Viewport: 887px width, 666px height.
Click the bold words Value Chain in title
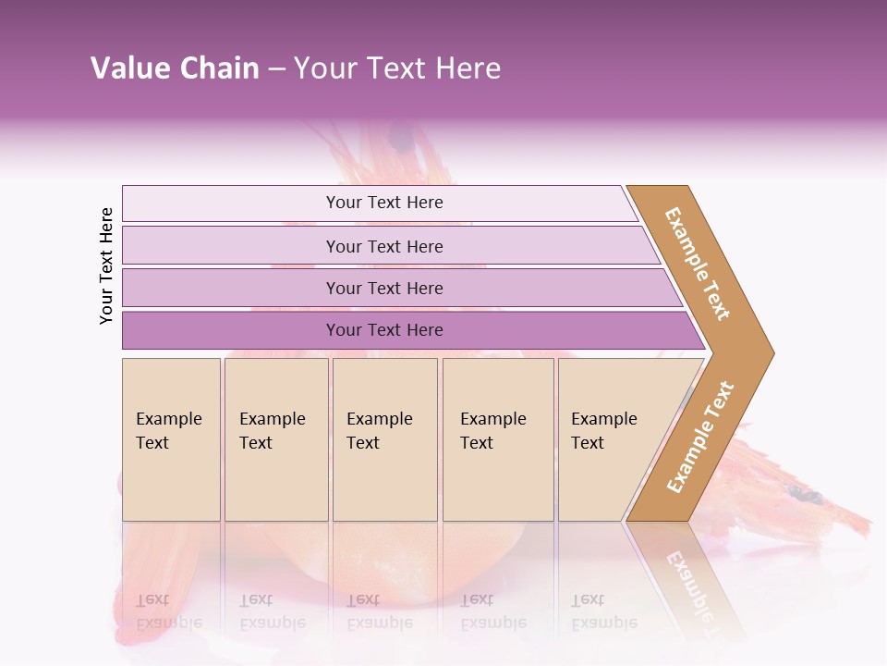[x=175, y=68]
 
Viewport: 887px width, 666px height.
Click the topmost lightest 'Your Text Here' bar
[x=383, y=203]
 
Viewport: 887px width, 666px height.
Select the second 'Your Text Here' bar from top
[x=383, y=246]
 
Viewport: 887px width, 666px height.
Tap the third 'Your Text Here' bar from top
[x=383, y=288]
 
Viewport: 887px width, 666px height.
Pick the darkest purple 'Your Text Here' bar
[x=383, y=330]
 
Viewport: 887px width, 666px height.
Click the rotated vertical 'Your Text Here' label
[x=106, y=265]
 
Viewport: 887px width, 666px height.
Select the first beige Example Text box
[x=171, y=439]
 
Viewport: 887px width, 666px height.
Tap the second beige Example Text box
[x=275, y=439]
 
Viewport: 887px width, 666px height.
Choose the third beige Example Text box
[x=384, y=439]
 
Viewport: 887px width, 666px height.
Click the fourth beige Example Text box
[x=497, y=439]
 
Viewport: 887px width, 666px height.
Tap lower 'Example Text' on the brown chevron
[x=700, y=438]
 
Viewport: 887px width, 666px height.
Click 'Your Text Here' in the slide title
[x=397, y=68]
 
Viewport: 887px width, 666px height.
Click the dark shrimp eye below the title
[x=402, y=139]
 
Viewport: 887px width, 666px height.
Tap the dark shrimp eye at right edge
[x=807, y=497]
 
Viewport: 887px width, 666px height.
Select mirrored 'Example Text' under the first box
[x=168, y=611]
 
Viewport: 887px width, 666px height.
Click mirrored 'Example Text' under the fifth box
[x=604, y=611]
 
